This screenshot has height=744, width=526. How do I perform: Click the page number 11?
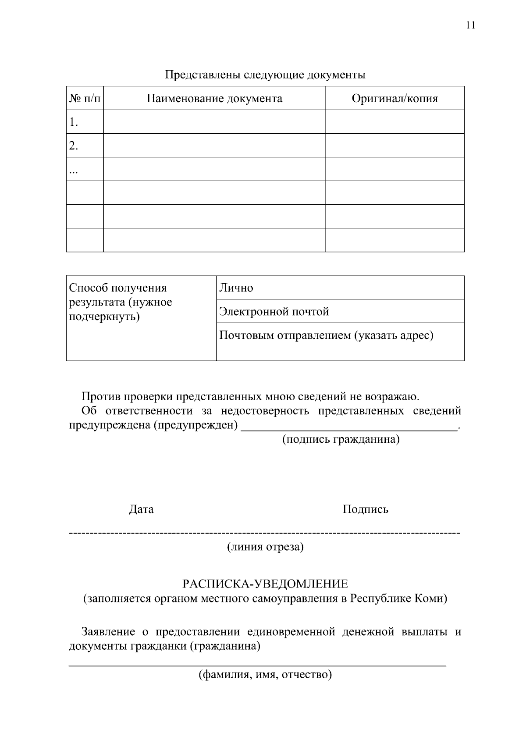coord(470,25)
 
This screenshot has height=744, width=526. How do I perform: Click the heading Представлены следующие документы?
coord(265,75)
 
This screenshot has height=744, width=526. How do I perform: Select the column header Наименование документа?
coord(214,98)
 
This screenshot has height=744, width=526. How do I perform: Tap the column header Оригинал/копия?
coord(394,98)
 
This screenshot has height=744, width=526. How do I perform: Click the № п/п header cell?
coord(85,98)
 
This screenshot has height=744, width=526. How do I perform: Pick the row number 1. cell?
coord(85,122)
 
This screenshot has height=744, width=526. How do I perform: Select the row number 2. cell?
coord(85,146)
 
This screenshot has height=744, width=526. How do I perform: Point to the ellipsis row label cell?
coord(85,169)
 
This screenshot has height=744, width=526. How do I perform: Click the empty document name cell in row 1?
coord(214,122)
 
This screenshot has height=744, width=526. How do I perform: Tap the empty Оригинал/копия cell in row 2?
coord(394,146)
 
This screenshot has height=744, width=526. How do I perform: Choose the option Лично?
coord(236,288)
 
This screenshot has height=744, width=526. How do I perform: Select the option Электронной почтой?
coord(274,312)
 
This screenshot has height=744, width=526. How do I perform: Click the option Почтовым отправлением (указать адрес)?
coord(326,335)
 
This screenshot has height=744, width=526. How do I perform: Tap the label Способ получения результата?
coord(121,302)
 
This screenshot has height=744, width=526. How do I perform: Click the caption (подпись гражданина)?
coord(341,439)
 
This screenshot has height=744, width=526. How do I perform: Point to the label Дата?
coord(141,509)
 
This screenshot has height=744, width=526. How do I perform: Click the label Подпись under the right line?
coord(365,509)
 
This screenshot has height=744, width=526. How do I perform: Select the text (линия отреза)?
coord(265,547)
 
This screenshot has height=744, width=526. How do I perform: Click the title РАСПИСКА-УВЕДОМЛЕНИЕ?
coord(265,584)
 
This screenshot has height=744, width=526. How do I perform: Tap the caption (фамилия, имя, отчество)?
coord(265,674)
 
